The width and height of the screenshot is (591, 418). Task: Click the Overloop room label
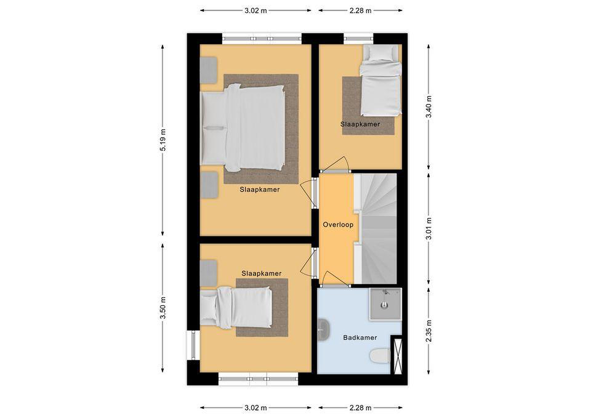(338, 225)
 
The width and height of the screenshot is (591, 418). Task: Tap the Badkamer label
(360, 337)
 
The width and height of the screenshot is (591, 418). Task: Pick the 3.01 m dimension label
(429, 229)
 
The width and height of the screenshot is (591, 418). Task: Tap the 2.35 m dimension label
(429, 331)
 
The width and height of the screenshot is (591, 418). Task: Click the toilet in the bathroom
(380, 356)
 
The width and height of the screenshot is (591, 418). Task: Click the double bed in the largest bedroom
(243, 128)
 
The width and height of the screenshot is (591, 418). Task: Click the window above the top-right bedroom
(358, 39)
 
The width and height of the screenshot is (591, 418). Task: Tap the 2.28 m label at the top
(360, 10)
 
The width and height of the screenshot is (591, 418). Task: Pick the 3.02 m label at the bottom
(256, 408)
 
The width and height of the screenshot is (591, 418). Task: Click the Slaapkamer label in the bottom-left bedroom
(261, 273)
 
